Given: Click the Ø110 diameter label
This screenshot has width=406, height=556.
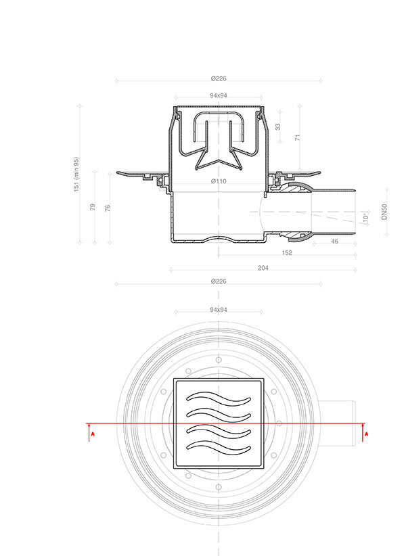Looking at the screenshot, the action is (x=219, y=181).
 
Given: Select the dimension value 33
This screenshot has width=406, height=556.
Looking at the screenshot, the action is (x=278, y=126).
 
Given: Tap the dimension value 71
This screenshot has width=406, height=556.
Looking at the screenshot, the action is (x=298, y=137).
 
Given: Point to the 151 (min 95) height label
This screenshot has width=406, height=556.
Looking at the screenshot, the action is (x=76, y=175).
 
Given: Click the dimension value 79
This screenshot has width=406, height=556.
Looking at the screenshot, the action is (x=93, y=207).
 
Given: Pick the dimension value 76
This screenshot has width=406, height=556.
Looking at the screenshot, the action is (x=108, y=208).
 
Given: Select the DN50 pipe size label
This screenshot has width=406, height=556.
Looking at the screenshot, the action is (x=384, y=212).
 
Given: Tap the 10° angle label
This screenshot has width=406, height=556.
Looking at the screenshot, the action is (x=366, y=218).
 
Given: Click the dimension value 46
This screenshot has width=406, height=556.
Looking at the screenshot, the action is (x=334, y=241).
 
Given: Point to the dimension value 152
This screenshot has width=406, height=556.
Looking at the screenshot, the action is (x=287, y=253).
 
